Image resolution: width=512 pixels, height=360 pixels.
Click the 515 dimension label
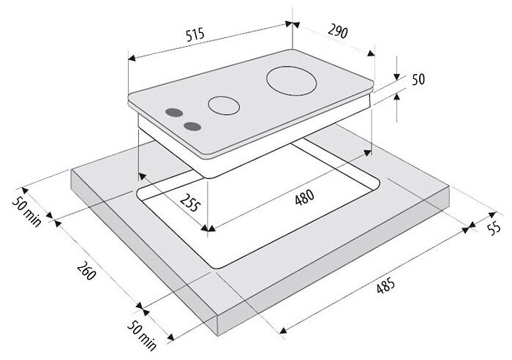pos(195,35)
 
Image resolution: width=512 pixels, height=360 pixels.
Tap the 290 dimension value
pos(338,31)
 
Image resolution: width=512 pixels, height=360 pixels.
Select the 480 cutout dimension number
pos(304,197)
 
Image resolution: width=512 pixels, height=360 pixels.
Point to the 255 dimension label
pos(189,203)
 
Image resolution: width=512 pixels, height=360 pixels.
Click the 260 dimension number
pos(87,271)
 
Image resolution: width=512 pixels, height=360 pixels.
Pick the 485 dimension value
pos(385,285)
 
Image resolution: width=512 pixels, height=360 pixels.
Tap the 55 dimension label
pos(494,228)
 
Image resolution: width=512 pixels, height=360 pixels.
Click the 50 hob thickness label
pos(418,79)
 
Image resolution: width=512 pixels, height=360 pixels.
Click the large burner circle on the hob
pos(292,81)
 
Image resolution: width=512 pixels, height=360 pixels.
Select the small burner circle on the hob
pos(224,105)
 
